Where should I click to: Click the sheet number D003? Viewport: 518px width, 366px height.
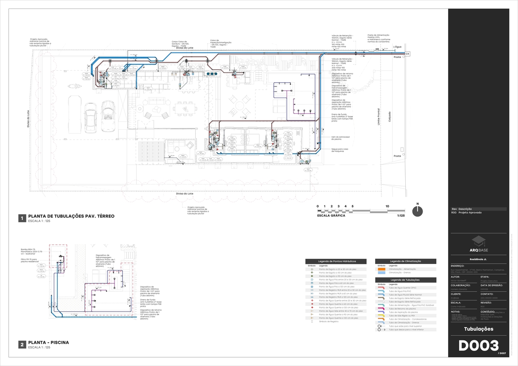478,346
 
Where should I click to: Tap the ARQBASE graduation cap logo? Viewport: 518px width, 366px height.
478,240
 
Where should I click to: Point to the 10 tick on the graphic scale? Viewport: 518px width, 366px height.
387,207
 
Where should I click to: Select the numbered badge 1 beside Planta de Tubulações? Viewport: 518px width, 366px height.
21,218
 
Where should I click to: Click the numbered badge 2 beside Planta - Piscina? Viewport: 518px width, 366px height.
21,344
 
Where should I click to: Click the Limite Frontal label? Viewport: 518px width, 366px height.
379,117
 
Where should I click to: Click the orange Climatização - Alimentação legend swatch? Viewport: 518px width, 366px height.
381,269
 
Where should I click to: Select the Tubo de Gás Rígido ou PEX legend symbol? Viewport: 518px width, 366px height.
381,315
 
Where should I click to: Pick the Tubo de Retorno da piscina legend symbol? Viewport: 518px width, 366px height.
381,308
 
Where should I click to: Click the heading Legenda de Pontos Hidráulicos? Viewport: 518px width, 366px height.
335,261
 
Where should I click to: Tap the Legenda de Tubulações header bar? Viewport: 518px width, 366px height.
405,280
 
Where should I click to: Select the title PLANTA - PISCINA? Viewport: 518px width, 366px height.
48,342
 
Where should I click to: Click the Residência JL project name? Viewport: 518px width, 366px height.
478,259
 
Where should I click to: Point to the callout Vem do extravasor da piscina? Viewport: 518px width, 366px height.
340,138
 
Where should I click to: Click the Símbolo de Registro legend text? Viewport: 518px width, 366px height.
329,321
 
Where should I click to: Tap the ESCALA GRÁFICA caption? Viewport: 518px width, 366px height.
331,216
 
